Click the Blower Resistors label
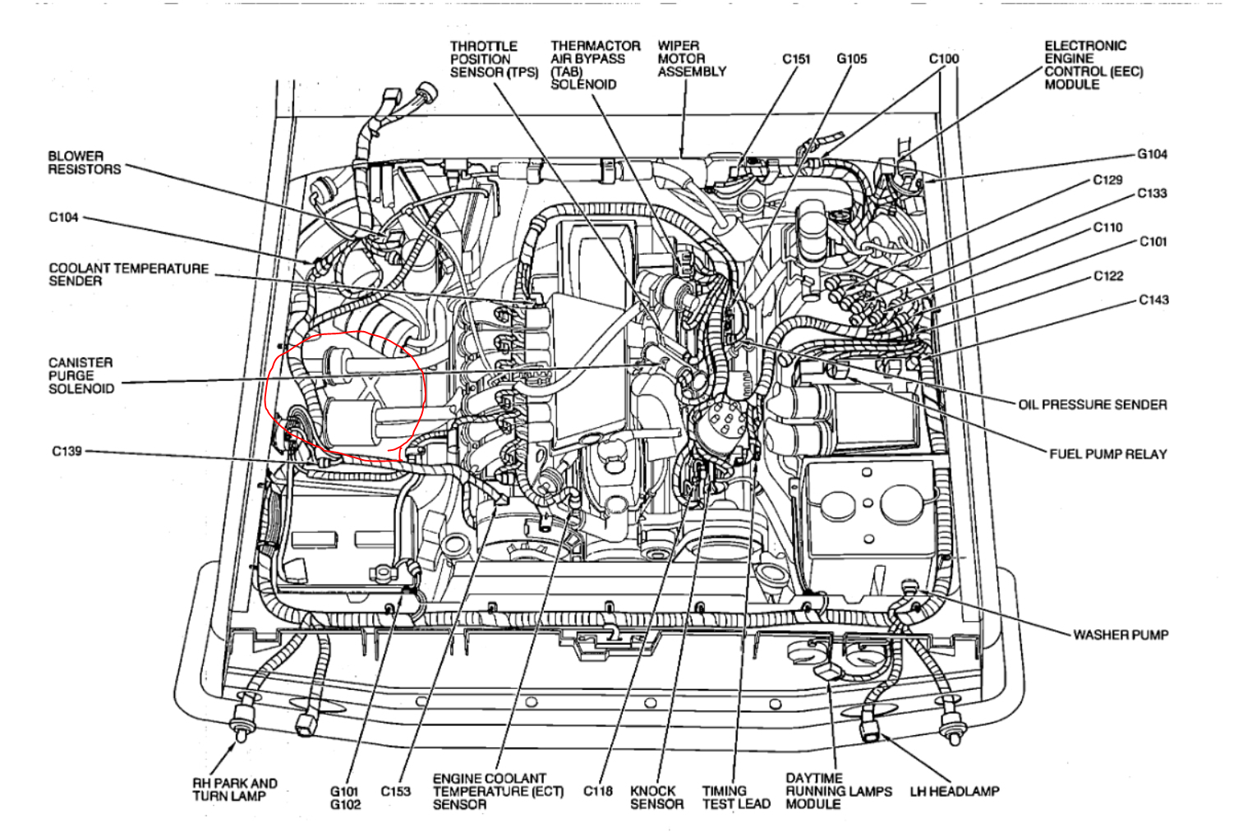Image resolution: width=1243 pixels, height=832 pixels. click(84, 163)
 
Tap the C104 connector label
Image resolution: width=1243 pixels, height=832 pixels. click(63, 218)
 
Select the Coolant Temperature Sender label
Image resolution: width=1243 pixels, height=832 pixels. click(128, 274)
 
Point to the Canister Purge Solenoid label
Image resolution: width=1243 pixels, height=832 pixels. click(81, 375)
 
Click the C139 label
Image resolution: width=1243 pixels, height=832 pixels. click(67, 451)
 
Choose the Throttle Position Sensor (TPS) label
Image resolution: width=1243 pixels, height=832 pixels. click(493, 59)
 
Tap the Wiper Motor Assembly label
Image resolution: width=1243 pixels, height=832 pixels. click(691, 58)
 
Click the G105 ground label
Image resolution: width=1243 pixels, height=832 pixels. click(851, 59)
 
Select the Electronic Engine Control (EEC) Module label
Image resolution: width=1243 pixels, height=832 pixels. click(1093, 65)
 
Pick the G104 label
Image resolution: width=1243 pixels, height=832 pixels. click(1152, 154)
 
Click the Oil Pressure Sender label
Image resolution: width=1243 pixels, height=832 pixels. click(1092, 405)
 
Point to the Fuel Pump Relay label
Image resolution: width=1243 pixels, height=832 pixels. click(1107, 454)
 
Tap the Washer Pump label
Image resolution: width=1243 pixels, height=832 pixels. click(1120, 635)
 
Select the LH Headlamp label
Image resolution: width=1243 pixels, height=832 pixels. click(954, 792)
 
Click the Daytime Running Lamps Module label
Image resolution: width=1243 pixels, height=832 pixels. click(838, 791)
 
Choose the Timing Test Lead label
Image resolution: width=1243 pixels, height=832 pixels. click(735, 798)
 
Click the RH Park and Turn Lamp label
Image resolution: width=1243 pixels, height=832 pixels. click(234, 789)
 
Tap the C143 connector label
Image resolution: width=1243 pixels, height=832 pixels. click(1153, 301)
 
